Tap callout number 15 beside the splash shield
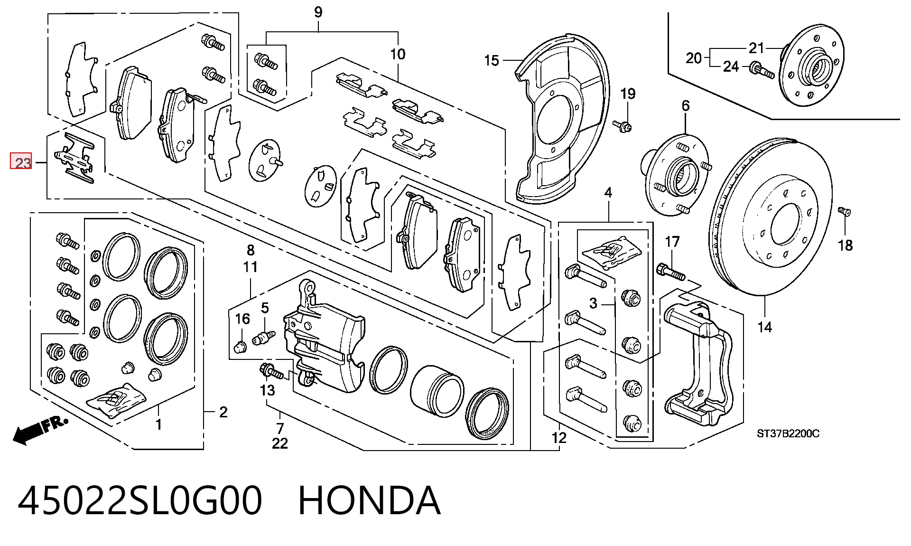(x=492, y=61)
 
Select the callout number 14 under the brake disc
(x=764, y=327)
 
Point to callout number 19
(x=628, y=94)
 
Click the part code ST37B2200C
(x=788, y=433)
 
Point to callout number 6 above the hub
(x=686, y=105)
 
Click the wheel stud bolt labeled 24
(x=762, y=70)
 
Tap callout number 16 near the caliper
(x=242, y=319)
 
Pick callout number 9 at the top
(x=318, y=12)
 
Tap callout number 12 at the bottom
(x=559, y=438)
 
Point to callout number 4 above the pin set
(x=608, y=192)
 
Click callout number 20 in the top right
(x=694, y=58)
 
